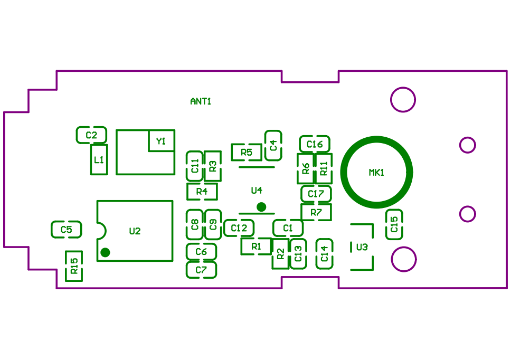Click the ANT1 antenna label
(201, 101)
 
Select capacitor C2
(91, 135)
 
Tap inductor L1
(99, 159)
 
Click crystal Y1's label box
(161, 141)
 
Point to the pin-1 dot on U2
(105, 252)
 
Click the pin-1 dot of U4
(260, 206)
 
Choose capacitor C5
(67, 230)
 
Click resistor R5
(247, 153)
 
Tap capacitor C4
(273, 145)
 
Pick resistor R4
(202, 191)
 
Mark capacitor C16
(315, 144)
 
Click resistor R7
(316, 212)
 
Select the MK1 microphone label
(376, 173)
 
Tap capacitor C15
(394, 224)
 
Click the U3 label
(362, 247)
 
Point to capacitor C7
(201, 270)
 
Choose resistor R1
(257, 246)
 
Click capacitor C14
(325, 254)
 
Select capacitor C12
(239, 228)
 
